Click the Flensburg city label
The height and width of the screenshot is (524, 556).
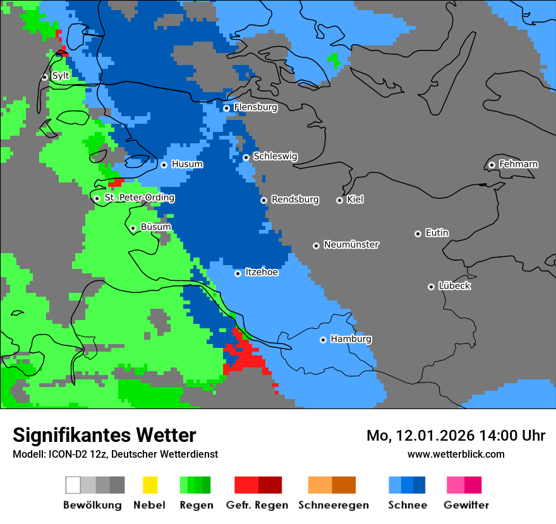pyautogui.click(x=255, y=107)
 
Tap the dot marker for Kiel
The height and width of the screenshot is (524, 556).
pyautogui.click(x=339, y=200)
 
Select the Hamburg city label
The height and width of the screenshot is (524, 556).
pyautogui.click(x=351, y=339)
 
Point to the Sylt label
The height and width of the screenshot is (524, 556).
pyautogui.click(x=61, y=76)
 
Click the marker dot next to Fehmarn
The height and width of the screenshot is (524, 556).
pyautogui.click(x=492, y=165)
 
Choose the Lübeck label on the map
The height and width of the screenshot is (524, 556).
pyautogui.click(x=454, y=286)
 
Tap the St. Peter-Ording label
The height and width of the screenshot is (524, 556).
pyautogui.click(x=139, y=198)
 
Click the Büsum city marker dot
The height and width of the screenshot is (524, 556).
pyautogui.click(x=133, y=228)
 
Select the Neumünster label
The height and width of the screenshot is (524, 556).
pyautogui.click(x=351, y=244)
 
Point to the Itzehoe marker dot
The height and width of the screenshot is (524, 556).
pyautogui.click(x=238, y=273)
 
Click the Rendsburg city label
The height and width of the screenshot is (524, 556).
pyautogui.click(x=295, y=199)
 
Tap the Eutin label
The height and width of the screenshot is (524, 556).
pyautogui.click(x=437, y=233)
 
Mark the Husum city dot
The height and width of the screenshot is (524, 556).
pyautogui.click(x=164, y=165)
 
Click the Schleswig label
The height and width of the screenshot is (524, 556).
pyautogui.click(x=275, y=157)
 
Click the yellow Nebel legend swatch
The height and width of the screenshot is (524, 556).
pyautogui.click(x=150, y=485)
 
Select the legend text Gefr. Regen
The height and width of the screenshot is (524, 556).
pyautogui.click(x=257, y=505)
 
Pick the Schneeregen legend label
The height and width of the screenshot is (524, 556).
pyautogui.click(x=334, y=505)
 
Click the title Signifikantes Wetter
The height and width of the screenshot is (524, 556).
pyautogui.click(x=104, y=435)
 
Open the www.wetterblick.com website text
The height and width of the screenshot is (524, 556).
pyautogui.click(x=456, y=454)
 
